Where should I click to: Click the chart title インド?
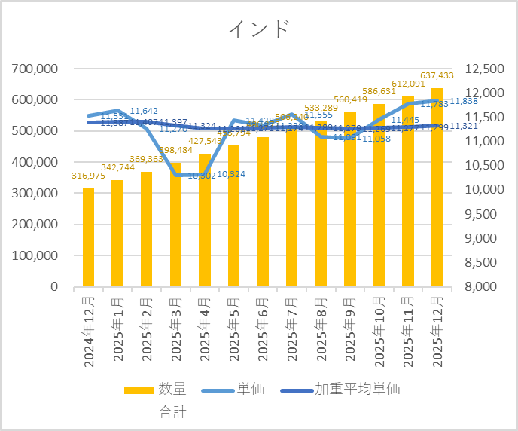coord(259,29)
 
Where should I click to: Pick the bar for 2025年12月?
coord(437,188)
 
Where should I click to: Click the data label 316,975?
coord(89,176)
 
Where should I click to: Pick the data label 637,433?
coord(437,75)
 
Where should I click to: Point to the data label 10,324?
coord(233,175)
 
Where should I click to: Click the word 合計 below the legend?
coord(172,412)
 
